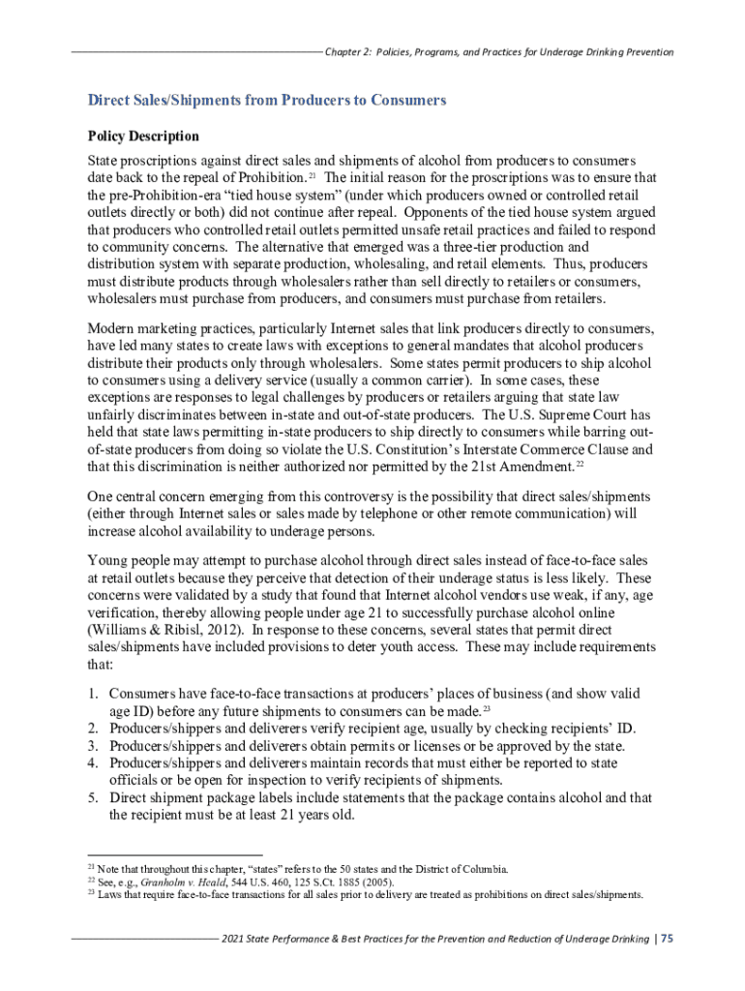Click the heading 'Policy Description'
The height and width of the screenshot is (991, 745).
(x=143, y=135)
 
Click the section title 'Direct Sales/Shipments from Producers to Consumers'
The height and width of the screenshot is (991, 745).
(x=267, y=100)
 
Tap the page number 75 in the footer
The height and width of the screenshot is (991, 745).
(x=668, y=940)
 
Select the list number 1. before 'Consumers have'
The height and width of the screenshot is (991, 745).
(x=94, y=694)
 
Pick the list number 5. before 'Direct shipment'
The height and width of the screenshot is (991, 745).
(x=94, y=798)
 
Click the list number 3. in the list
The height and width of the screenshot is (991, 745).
(x=94, y=746)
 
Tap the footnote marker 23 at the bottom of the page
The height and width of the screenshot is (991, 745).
(x=91, y=895)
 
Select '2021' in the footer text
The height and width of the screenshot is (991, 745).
(x=235, y=940)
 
